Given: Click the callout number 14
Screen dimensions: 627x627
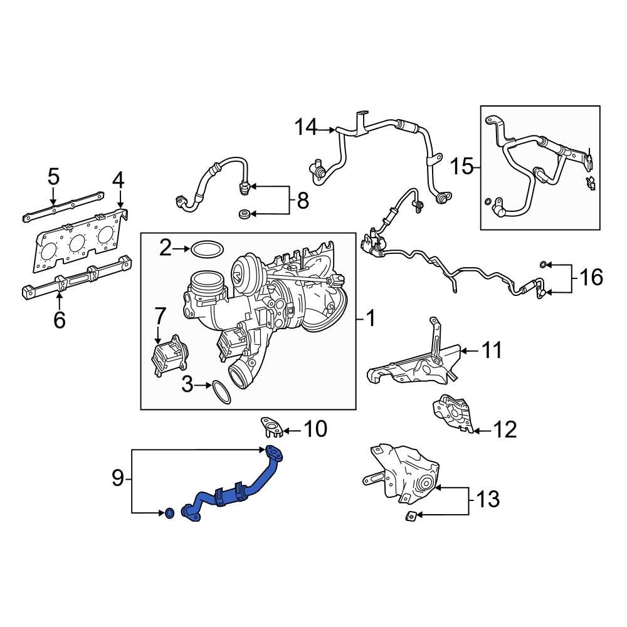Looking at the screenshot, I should coord(307,129).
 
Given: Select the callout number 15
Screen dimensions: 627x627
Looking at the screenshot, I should coord(461,167).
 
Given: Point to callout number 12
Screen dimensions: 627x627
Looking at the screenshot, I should coord(505,430).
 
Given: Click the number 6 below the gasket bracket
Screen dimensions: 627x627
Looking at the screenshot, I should coord(59,320).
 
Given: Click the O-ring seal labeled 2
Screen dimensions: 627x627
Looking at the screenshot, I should coord(208,249).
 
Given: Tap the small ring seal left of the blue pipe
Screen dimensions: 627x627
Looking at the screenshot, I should coord(169,514).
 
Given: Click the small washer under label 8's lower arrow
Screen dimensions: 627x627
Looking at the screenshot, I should coord(244,215).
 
